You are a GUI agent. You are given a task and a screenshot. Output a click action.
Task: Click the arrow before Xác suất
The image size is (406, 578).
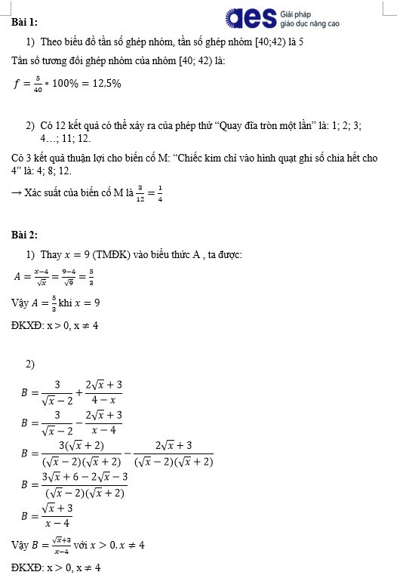pos(16,192)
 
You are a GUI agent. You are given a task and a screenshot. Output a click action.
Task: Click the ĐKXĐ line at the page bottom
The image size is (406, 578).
pos(56,567)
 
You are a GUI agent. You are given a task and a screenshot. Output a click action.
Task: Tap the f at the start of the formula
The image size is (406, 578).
pos(17,83)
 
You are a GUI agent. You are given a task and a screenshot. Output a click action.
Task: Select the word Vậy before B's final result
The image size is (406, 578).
pos(20,544)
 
